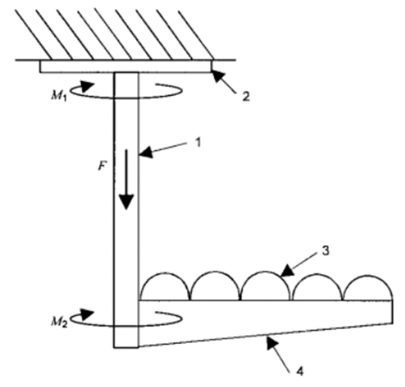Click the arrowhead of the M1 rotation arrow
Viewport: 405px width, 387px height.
coord(89,86)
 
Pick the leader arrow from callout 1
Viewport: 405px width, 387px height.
coord(165,150)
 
